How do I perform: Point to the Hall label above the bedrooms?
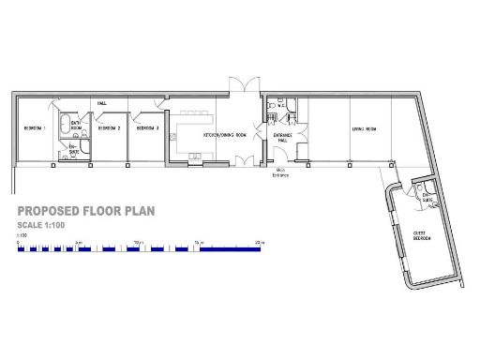click(x=100, y=102)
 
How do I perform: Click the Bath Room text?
click(x=77, y=125)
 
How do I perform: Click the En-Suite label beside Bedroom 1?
click(x=74, y=147)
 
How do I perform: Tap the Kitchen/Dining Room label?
click(x=225, y=134)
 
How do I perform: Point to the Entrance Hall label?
click(x=282, y=138)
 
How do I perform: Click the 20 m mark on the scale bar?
click(x=261, y=243)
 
